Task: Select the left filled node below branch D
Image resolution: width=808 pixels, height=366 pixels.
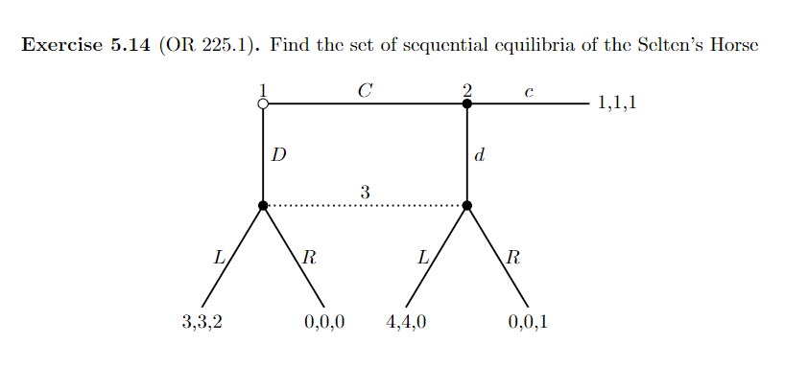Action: tap(263, 205)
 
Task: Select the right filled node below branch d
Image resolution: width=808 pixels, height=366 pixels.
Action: tap(467, 205)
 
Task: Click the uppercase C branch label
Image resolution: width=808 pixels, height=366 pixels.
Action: tap(364, 90)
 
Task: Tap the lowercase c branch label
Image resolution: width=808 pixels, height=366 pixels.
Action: tap(529, 92)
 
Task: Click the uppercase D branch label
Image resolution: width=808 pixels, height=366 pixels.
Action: tap(278, 155)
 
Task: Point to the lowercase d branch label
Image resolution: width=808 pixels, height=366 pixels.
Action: tap(480, 155)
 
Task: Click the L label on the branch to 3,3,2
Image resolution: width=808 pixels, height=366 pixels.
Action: tap(218, 257)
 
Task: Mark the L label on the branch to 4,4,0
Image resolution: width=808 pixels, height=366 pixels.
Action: tap(422, 257)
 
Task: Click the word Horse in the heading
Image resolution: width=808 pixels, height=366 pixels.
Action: tap(734, 45)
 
